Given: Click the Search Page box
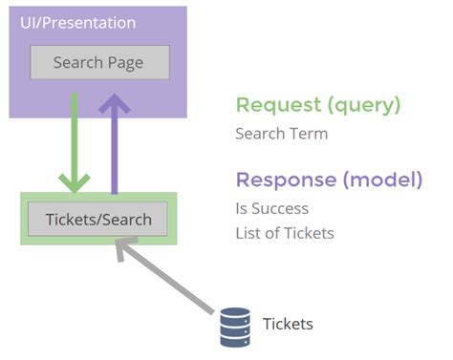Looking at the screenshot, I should point(98,63).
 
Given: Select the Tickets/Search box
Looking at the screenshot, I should point(98,220).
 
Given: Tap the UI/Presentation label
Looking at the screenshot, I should point(78,22).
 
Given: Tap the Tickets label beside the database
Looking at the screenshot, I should point(288,325).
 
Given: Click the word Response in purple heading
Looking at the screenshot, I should point(284,180).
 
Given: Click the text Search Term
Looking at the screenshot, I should point(281,134).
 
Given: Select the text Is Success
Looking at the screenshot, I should point(271,208).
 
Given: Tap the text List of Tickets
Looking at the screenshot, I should point(285,232).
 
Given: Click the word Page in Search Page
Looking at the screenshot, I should point(125,64).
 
